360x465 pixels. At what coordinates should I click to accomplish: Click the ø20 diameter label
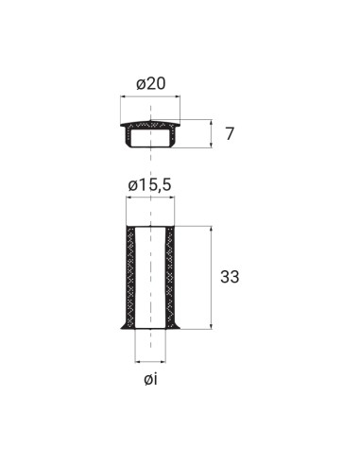[151, 84]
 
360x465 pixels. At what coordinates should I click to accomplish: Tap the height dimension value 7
[229, 133]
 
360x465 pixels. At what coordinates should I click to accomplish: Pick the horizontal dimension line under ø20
[151, 98]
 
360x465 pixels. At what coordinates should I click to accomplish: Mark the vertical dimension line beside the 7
[209, 133]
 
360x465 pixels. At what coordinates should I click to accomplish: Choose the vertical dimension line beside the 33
[209, 278]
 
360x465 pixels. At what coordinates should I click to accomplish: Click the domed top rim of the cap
[151, 121]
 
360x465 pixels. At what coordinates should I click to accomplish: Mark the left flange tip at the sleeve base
[119, 328]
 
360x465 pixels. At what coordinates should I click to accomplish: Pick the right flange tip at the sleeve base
[182, 328]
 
